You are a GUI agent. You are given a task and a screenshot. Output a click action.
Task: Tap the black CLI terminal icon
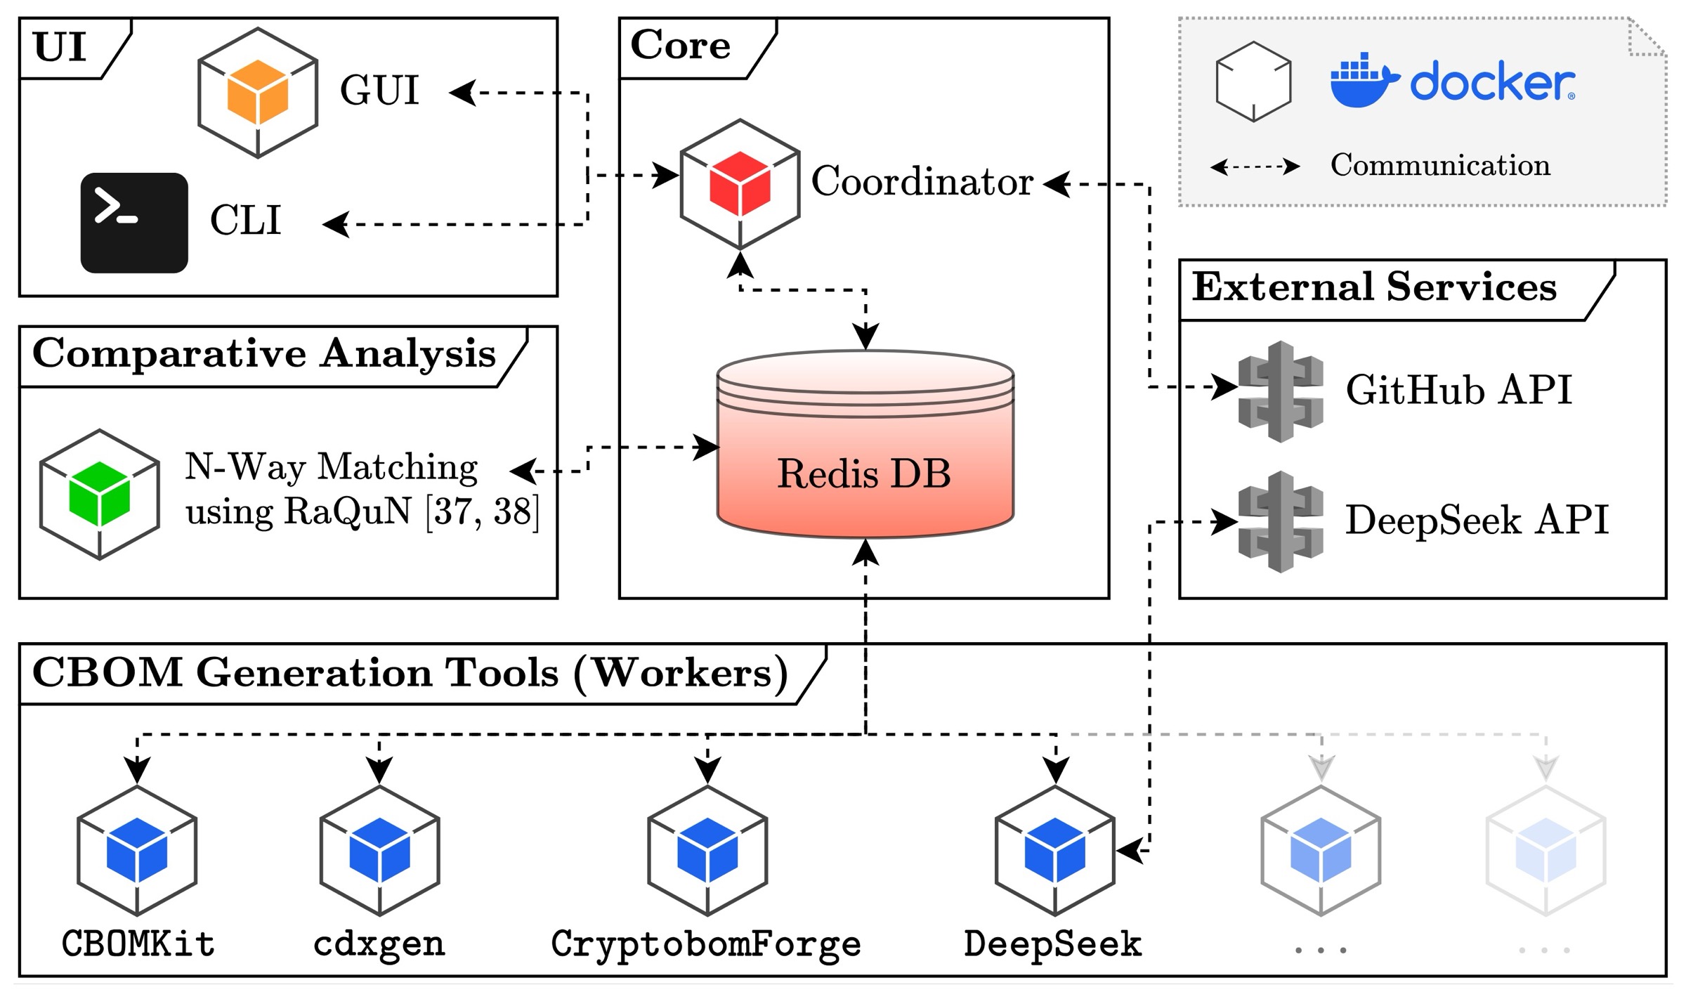[x=134, y=223]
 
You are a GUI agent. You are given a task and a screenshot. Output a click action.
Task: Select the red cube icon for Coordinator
[x=740, y=183]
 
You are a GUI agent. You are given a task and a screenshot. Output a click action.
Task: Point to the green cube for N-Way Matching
[x=99, y=494]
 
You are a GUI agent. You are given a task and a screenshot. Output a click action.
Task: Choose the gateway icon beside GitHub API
[x=1280, y=391]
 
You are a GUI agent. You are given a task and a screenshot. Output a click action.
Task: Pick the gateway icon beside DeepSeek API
[x=1280, y=521]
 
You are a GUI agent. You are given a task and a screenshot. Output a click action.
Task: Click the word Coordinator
[x=922, y=182]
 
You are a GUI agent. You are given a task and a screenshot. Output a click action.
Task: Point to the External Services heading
[x=1374, y=287]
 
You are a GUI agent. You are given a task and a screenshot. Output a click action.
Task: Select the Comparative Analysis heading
[x=264, y=353]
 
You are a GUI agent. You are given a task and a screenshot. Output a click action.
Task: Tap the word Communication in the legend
[x=1440, y=166]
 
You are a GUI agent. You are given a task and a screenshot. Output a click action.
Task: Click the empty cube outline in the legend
[x=1253, y=81]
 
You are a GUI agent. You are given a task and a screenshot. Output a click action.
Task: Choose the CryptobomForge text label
[x=706, y=944]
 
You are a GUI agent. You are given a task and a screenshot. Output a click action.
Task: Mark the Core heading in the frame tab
[x=680, y=46]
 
